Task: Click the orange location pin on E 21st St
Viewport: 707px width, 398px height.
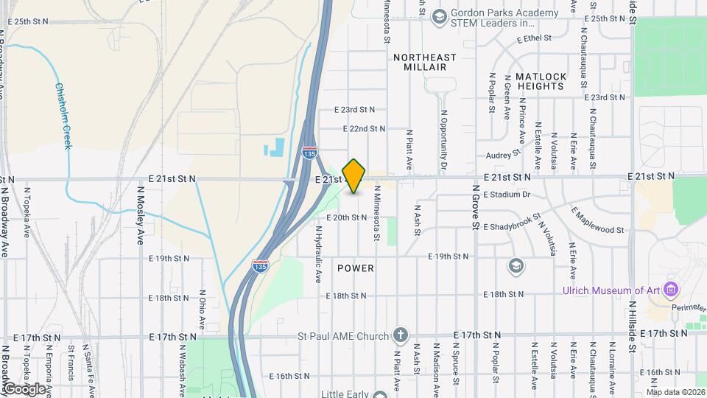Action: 354,175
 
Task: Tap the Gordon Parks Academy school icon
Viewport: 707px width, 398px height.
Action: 440,16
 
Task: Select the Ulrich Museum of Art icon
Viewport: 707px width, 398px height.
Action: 669,287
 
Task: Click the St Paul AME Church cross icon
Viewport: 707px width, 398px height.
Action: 400,336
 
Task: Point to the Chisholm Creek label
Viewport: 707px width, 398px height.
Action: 63,115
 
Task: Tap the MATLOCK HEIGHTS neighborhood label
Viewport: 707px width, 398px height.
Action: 541,81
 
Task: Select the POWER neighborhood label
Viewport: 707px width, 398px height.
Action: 356,268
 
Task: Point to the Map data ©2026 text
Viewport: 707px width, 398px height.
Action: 675,391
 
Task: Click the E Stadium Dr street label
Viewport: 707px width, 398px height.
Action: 507,195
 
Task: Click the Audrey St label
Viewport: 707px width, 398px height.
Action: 503,155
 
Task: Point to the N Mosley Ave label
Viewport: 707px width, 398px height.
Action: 140,214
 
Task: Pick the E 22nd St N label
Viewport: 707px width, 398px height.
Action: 357,128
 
